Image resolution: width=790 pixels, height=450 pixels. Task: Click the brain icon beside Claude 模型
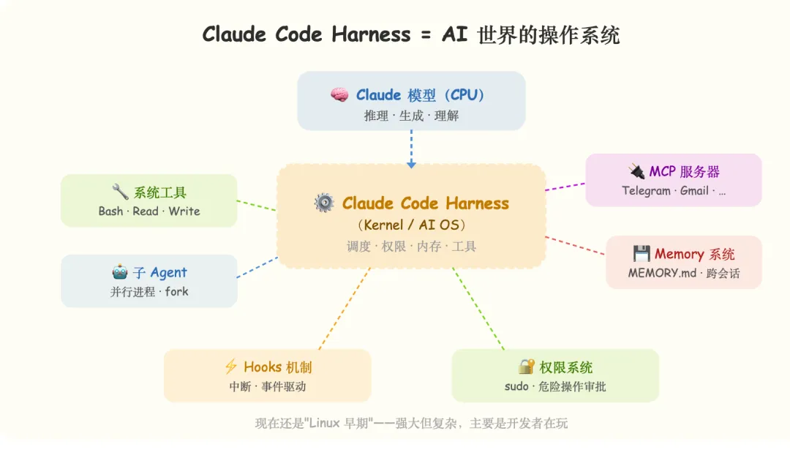coord(339,95)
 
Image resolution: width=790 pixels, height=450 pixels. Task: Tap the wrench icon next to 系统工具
coord(120,192)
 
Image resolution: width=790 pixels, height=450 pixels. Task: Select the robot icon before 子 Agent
coord(120,273)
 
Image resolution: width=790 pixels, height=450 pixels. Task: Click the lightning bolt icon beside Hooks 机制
coord(231,367)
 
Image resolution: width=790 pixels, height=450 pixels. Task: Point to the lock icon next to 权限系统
coord(527,367)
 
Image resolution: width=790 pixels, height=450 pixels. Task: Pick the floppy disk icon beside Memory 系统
coord(642,254)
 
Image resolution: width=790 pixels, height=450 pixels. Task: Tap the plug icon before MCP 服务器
coord(636,172)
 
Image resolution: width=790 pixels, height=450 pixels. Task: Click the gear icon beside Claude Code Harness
coord(323,203)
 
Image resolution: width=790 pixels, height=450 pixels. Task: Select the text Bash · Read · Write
coord(149,211)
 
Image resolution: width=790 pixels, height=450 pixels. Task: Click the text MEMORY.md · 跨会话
coord(684,273)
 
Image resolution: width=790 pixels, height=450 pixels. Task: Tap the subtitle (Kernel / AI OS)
coord(411,225)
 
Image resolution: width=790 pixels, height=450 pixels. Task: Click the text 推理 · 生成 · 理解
coord(411,116)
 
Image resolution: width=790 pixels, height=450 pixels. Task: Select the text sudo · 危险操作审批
coord(555,386)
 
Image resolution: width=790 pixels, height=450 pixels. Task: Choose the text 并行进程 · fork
coord(149,291)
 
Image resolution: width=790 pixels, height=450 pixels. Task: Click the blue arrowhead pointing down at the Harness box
coord(411,164)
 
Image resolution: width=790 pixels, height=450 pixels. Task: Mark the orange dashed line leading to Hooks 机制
coord(344,308)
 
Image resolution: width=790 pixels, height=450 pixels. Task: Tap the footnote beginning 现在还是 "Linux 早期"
coord(411,423)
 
